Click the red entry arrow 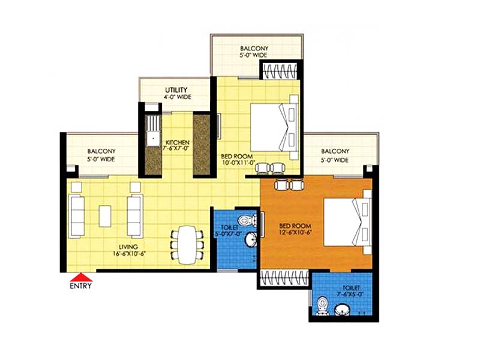pyautogui.click(x=81, y=277)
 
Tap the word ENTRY pyautogui.click(x=81, y=286)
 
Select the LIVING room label pyautogui.click(x=128, y=247)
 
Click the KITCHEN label pyautogui.click(x=178, y=143)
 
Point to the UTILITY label pyautogui.click(x=176, y=90)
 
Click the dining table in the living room pyautogui.click(x=187, y=245)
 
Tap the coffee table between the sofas pyautogui.click(x=105, y=216)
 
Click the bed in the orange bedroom pyautogui.click(x=347, y=222)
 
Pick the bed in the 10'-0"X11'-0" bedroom pyautogui.click(x=274, y=127)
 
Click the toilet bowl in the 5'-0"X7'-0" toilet pyautogui.click(x=247, y=220)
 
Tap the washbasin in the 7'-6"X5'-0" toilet pyautogui.click(x=342, y=310)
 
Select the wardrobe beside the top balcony pyautogui.click(x=280, y=71)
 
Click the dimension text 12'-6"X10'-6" pyautogui.click(x=295, y=232)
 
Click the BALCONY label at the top pyautogui.click(x=254, y=49)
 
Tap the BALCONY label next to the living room pyautogui.click(x=101, y=151)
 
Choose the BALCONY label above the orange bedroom pyautogui.click(x=335, y=151)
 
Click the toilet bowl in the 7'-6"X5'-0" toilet pyautogui.click(x=322, y=306)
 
